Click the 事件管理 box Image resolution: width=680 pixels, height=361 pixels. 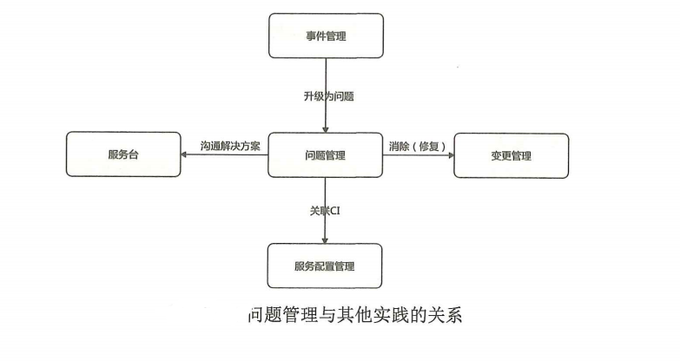(x=326, y=36)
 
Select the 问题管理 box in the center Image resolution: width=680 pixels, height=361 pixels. (x=326, y=155)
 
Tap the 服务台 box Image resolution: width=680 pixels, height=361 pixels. (x=123, y=155)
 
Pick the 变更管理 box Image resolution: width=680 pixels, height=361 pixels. (x=512, y=155)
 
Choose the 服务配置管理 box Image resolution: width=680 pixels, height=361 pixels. (x=326, y=266)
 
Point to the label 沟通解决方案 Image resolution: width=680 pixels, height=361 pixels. (x=229, y=146)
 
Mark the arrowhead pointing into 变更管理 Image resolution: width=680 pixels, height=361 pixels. (x=450, y=155)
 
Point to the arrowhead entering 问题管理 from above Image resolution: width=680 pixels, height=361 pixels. (x=326, y=129)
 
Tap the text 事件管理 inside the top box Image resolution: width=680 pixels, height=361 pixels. (x=326, y=36)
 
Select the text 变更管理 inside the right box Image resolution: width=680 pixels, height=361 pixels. (x=512, y=156)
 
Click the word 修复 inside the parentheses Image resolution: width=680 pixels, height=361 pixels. (x=430, y=146)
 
